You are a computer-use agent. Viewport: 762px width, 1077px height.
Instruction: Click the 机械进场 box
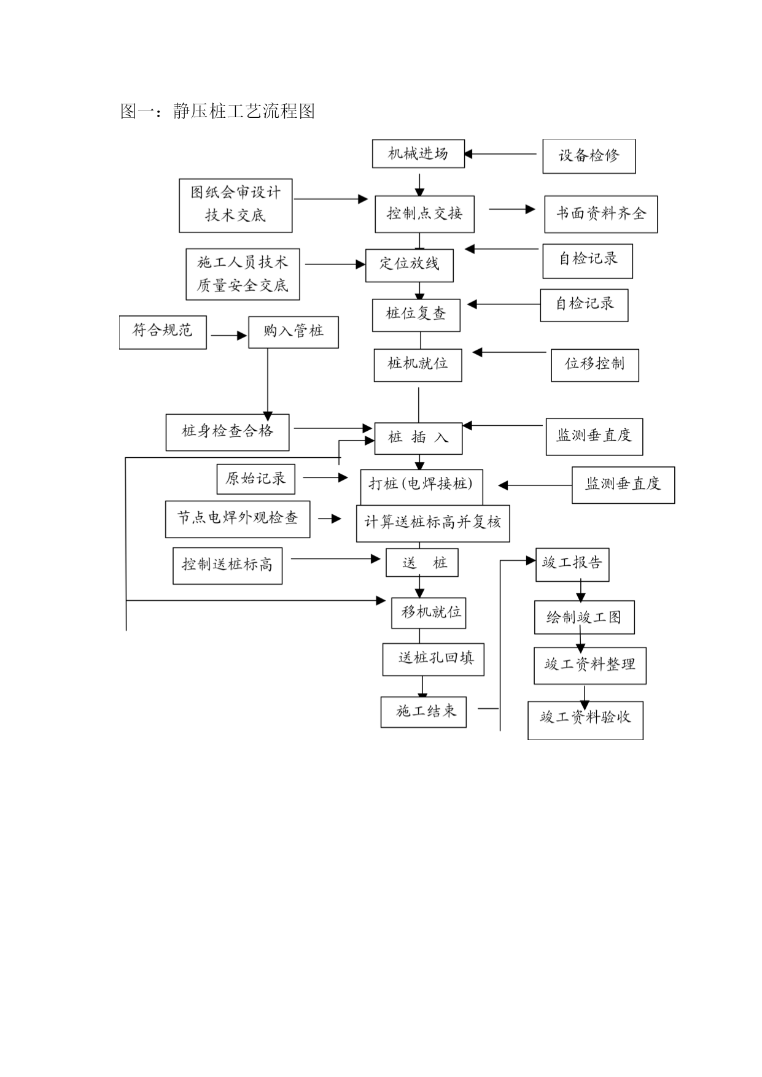pyautogui.click(x=418, y=153)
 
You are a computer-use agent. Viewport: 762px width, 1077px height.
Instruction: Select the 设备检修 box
pyautogui.click(x=589, y=156)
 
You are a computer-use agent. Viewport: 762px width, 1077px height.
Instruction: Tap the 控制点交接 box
pyautogui.click(x=424, y=214)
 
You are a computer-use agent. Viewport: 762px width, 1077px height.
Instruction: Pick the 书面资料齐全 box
pyautogui.click(x=601, y=214)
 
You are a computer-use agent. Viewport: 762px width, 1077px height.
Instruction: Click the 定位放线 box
pyautogui.click(x=410, y=265)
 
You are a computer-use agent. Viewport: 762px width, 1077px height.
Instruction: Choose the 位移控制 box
pyautogui.click(x=595, y=365)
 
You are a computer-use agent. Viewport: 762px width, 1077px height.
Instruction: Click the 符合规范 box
pyautogui.click(x=163, y=332)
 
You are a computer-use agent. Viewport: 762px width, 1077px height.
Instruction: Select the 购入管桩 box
pyautogui.click(x=294, y=332)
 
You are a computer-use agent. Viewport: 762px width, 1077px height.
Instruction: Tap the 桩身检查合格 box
pyautogui.click(x=228, y=432)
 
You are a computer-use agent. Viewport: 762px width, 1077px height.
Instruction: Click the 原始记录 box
pyautogui.click(x=256, y=479)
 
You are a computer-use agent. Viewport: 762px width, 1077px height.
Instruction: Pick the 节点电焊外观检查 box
pyautogui.click(x=238, y=519)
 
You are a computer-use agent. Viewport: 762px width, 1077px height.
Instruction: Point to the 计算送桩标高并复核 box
pyautogui.click(x=433, y=523)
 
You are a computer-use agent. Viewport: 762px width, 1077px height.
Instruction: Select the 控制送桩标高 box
pyautogui.click(x=228, y=566)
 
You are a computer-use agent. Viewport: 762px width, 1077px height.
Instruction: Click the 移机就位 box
pyautogui.click(x=429, y=612)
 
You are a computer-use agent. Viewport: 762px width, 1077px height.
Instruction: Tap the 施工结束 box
pyautogui.click(x=424, y=712)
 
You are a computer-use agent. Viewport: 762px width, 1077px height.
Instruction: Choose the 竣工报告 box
pyautogui.click(x=572, y=565)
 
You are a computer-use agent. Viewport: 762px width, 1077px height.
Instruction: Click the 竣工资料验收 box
pyautogui.click(x=586, y=720)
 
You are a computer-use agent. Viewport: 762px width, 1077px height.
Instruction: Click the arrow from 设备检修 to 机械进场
pyautogui.click(x=500, y=154)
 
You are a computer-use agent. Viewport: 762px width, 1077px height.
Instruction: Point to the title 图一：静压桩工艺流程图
pyautogui.click(x=218, y=111)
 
